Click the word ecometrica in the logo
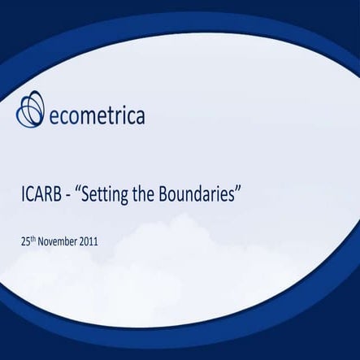(98, 116)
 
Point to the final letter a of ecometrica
(140, 117)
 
